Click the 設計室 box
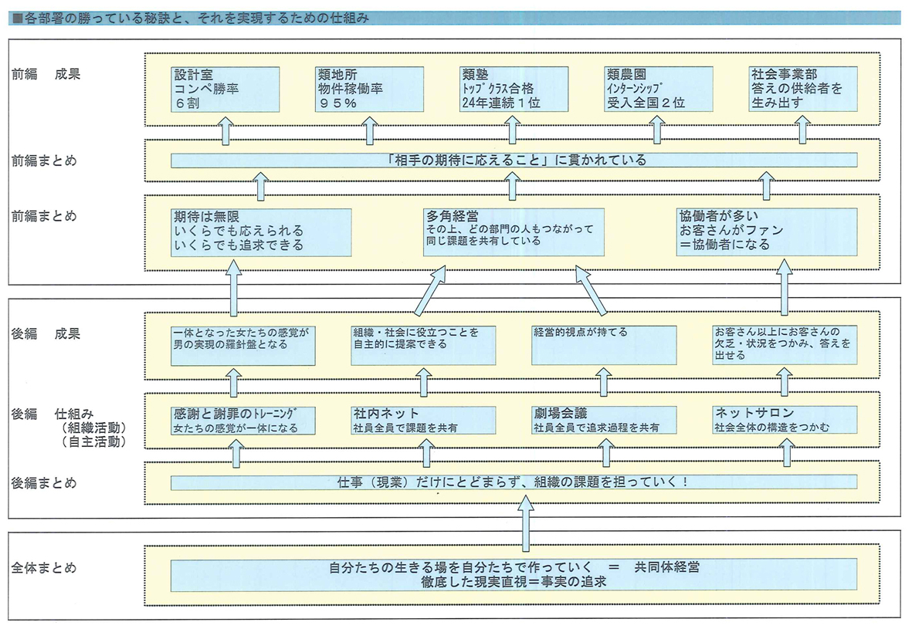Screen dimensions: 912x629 pos(225,89)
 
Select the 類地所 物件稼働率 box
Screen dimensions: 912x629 pos(369,89)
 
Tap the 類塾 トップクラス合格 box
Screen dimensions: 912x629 pos(514,89)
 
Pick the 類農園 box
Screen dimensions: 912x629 pos(659,89)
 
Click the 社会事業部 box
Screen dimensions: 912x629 pos(802,89)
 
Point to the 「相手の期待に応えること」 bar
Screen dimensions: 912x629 pos(514,160)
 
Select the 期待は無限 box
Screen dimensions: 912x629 pos(261,232)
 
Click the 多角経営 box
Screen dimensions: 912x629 pos(514,232)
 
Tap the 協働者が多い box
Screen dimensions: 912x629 pos(767,232)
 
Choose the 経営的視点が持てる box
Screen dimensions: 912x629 pos(604,345)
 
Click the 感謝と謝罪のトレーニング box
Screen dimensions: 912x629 pos(243,421)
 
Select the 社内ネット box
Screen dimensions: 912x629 pos(423,421)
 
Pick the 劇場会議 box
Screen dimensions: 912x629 pos(604,421)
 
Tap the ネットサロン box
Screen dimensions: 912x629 pos(785,421)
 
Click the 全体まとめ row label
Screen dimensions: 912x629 pos(43,568)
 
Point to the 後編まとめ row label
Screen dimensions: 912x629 pos(43,483)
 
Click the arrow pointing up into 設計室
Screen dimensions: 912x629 pos(225,130)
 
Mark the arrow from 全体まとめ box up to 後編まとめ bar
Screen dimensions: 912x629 pos(525,523)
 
